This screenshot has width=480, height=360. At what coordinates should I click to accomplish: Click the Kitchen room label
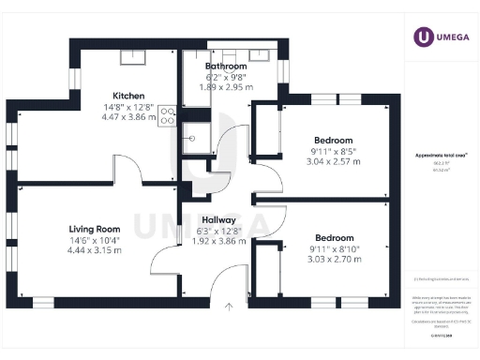127,96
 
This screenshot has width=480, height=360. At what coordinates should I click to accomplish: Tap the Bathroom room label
226,67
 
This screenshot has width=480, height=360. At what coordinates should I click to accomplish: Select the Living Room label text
96,228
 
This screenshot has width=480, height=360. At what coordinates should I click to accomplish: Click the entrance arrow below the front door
228,306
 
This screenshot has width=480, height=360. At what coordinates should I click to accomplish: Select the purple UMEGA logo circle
423,37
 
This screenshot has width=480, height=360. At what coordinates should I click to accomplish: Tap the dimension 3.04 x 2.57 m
334,160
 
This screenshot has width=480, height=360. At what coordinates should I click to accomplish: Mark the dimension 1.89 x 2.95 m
226,87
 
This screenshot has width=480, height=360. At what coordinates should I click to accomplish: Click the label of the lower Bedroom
334,237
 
